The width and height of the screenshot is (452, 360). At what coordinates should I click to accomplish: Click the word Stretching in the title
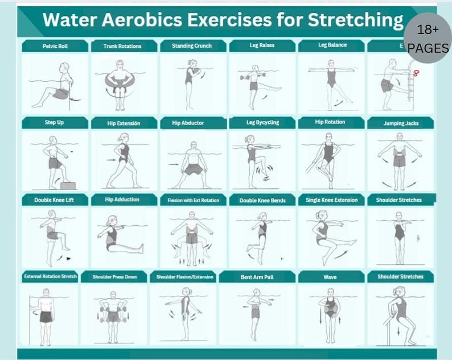pos(355,20)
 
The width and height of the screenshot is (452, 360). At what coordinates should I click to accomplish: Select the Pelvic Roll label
pos(55,46)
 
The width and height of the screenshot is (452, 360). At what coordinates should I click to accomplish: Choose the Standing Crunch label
pos(192,46)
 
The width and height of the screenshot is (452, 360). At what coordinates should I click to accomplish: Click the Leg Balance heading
pos(332,45)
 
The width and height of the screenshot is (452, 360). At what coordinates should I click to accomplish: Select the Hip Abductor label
pos(192,123)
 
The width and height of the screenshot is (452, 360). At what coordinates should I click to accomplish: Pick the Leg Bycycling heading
pos(262,123)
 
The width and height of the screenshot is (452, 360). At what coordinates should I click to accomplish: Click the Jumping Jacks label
pos(401,123)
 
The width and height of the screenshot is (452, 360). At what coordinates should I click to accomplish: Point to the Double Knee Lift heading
pos(54,200)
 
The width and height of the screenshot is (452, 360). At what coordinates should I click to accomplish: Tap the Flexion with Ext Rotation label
pos(192,200)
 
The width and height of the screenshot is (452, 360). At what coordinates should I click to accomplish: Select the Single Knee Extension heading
pos(332,200)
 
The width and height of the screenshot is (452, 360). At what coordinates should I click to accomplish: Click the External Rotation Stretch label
pos(50,277)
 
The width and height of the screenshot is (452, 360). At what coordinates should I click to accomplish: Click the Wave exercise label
pos(330,277)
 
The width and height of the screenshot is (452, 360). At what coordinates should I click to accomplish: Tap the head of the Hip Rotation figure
pos(329,138)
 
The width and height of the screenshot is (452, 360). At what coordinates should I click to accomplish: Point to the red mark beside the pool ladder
pos(417,73)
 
